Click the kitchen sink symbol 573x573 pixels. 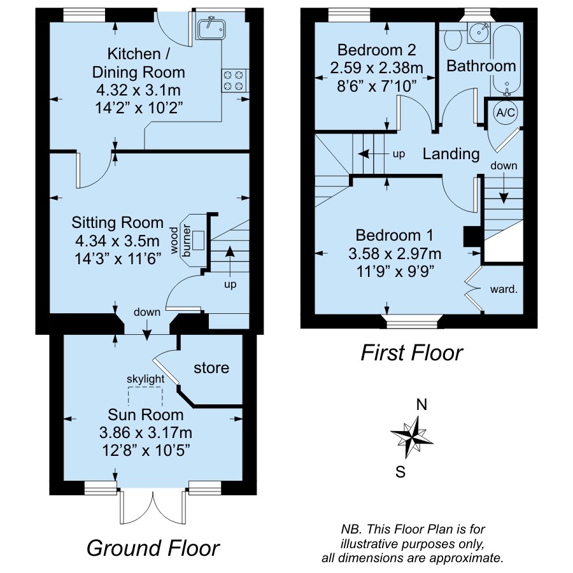pos(212,29)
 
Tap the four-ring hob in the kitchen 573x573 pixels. pos(234,81)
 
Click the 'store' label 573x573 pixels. pos(211,368)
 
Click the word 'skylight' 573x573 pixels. pos(145,379)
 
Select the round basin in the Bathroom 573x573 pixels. pos(479,33)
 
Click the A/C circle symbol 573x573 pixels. pos(506,113)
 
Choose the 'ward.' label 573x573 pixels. pos(504,290)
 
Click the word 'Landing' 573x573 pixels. pos(451,155)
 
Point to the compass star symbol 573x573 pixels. pos(412,437)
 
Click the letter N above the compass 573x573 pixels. pos(421,405)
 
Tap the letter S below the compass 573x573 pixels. pos(400,472)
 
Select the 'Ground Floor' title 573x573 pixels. pos(153,548)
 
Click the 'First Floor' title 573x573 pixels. pos(412,353)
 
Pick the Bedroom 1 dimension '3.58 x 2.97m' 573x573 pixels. pos(395,253)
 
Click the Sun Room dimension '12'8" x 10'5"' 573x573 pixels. pos(146,450)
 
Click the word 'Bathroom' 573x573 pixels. pos(481,66)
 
